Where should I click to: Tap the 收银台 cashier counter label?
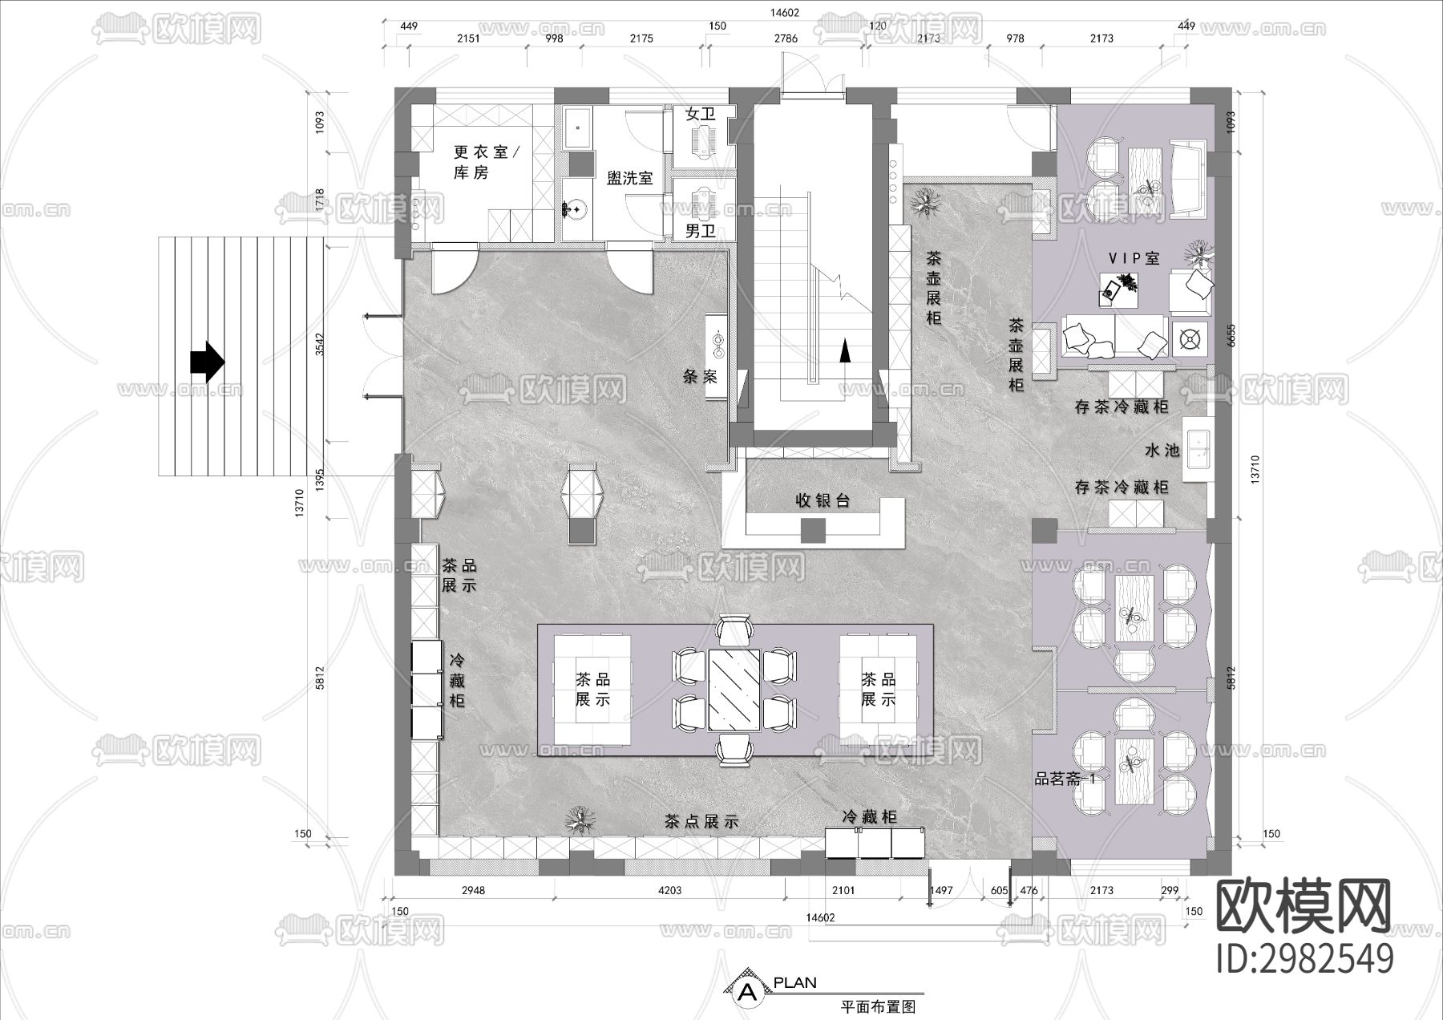(x=822, y=500)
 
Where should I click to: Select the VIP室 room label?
(x=1134, y=258)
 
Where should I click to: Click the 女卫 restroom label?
(x=700, y=115)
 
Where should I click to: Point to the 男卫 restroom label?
(x=700, y=232)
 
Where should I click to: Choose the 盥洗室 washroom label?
(x=629, y=178)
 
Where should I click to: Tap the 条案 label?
(x=700, y=377)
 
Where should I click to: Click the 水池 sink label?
(x=1162, y=451)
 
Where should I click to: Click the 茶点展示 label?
(x=701, y=822)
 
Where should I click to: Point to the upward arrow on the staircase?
(x=843, y=351)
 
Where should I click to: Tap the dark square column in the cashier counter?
(x=813, y=530)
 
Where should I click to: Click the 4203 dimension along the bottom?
(x=669, y=890)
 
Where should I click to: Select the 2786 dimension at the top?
(x=786, y=38)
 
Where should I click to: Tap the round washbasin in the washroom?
(x=574, y=208)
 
